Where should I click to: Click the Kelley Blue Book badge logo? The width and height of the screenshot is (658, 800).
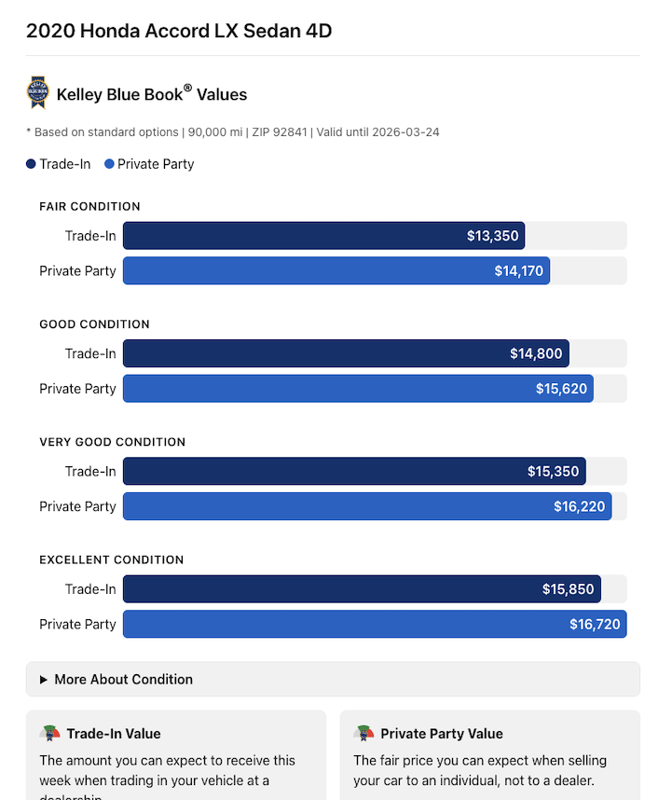tap(37, 93)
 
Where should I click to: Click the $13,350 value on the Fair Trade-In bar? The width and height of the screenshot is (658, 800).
tap(492, 236)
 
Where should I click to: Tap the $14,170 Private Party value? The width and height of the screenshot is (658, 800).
tap(518, 271)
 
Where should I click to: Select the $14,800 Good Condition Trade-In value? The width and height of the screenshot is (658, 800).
tap(536, 353)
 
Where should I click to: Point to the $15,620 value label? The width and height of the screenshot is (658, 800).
tap(561, 389)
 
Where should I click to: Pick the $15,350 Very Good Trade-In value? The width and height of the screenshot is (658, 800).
tap(554, 472)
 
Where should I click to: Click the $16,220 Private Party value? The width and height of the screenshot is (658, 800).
tap(579, 507)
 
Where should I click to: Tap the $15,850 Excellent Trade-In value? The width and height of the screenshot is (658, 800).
tap(569, 589)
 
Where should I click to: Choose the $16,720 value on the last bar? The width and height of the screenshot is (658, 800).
tap(595, 625)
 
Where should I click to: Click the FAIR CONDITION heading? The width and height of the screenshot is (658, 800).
tap(89, 206)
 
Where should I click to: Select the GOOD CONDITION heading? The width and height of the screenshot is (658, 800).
tap(94, 324)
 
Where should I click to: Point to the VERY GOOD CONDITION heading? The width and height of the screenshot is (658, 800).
tap(112, 442)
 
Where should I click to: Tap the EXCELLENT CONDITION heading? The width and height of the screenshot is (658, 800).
tap(111, 559)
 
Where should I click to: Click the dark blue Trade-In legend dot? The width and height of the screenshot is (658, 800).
tap(32, 164)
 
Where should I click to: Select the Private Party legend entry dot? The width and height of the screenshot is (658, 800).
tap(109, 164)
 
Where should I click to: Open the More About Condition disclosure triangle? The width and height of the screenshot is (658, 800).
tap(44, 680)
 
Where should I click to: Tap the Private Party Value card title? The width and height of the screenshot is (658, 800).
tap(441, 734)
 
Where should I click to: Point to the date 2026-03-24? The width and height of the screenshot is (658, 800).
tap(405, 132)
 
